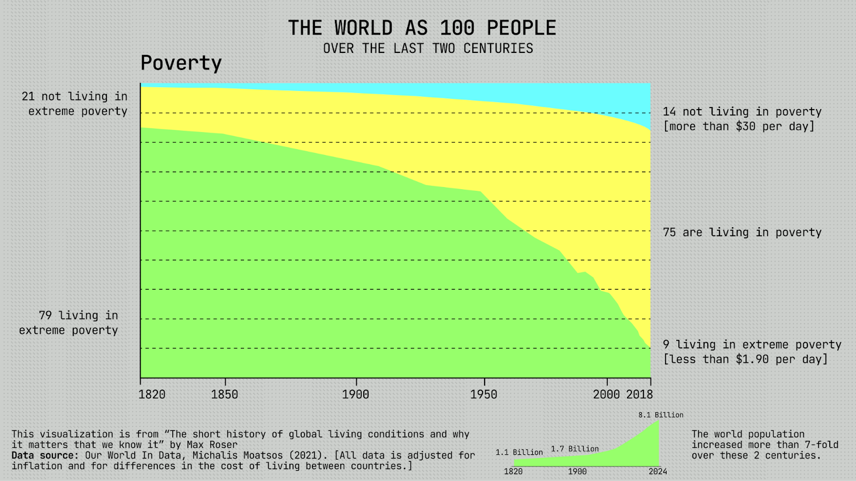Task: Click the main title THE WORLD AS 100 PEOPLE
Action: pos(422,28)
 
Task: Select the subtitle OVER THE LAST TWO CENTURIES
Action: pos(428,49)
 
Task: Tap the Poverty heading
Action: pos(181,63)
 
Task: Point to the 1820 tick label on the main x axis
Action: pos(152,395)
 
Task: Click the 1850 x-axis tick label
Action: pos(225,395)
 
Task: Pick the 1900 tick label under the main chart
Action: pos(356,395)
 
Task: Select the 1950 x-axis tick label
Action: pos(484,395)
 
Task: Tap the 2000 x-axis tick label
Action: pos(607,395)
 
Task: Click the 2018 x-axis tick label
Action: pos(640,395)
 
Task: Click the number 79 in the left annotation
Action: pos(45,315)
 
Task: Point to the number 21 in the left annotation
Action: pos(28,97)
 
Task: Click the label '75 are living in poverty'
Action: pos(742,232)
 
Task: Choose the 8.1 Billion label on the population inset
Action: pos(661,415)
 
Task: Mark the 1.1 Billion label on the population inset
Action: pos(519,453)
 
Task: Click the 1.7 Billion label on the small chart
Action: pos(575,449)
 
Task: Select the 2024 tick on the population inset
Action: pos(658,471)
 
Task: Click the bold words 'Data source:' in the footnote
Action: pos(46,455)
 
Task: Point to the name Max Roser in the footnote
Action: pos(212,445)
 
